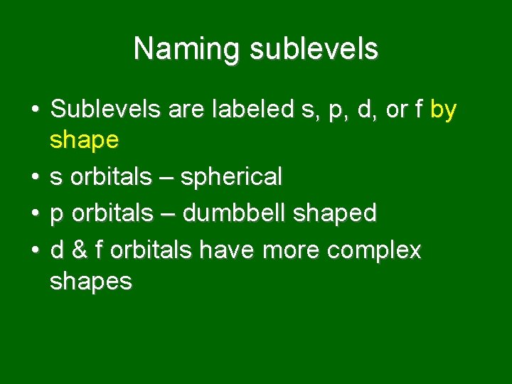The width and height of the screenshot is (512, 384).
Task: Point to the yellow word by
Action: click(x=444, y=111)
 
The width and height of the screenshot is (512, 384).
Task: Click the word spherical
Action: click(x=231, y=177)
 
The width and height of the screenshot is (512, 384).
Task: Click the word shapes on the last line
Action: click(x=90, y=282)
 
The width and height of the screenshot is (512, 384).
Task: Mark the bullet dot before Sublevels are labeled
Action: click(x=34, y=111)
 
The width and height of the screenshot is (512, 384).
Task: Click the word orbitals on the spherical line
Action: click(x=110, y=176)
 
